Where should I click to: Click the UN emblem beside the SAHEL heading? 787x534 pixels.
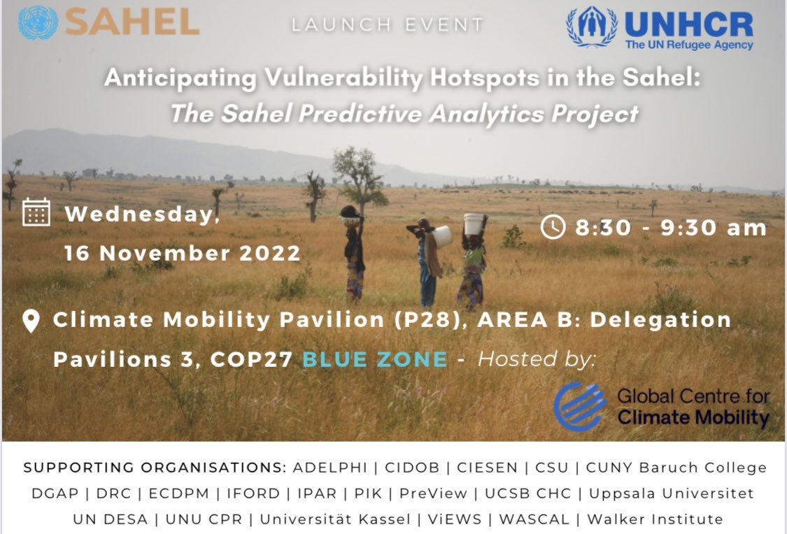pos(38,22)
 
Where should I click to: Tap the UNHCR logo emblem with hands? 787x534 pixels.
pos(591,28)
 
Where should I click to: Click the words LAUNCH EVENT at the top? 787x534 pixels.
pos(388,25)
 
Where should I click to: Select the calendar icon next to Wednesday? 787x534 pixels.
pos(36,212)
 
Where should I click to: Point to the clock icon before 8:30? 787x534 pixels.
pos(553,226)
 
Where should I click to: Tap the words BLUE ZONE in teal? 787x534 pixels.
pos(374,359)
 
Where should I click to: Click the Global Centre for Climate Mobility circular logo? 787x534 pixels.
pos(579,406)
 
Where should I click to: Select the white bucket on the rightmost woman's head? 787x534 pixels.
pos(474,224)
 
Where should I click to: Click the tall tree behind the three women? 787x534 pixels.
pos(358,175)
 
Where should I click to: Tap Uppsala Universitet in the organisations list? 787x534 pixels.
pos(671,493)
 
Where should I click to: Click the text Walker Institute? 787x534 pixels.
pos(655,519)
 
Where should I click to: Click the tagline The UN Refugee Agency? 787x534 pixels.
pos(688,45)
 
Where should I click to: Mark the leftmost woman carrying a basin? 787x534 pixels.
pos(353,252)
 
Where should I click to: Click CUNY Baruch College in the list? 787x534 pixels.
pos(676,468)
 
